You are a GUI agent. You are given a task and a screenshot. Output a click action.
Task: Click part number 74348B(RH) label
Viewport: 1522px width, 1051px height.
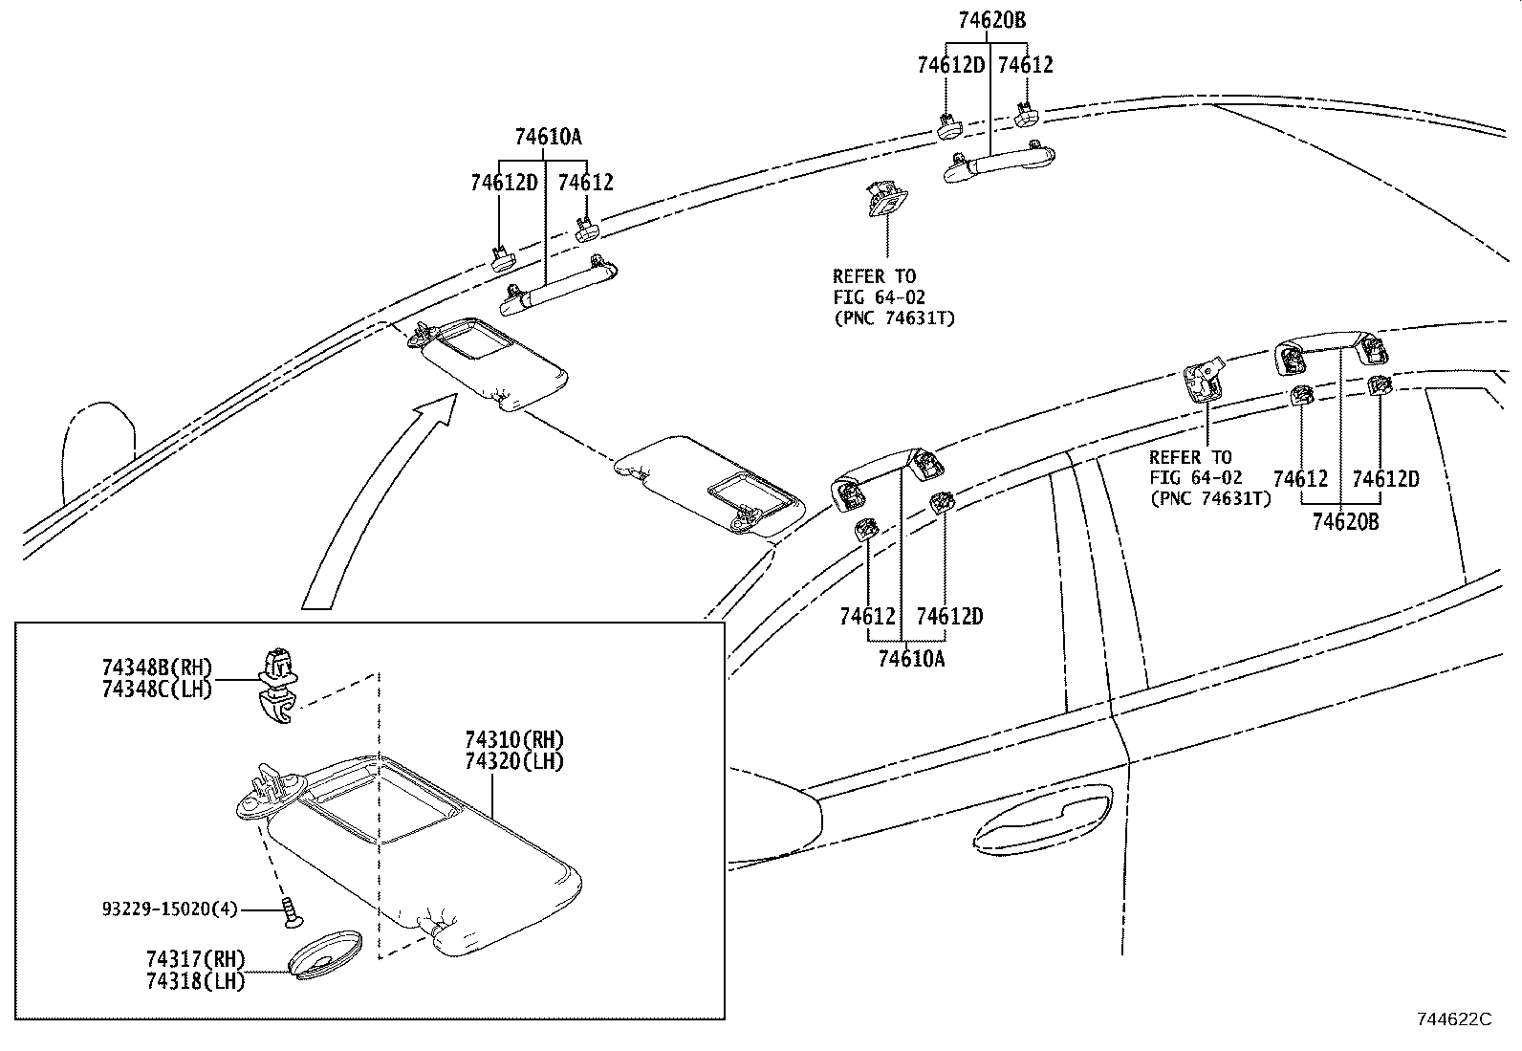click(x=158, y=668)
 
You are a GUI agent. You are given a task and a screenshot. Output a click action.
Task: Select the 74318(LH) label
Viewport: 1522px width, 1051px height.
click(x=196, y=980)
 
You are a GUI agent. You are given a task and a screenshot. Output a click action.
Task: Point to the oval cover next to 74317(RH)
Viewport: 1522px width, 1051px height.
click(x=325, y=952)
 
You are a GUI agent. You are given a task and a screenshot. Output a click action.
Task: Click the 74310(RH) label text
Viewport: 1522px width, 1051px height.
click(x=514, y=739)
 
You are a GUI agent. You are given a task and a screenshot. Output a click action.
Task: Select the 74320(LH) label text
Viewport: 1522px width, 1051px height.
click(x=514, y=761)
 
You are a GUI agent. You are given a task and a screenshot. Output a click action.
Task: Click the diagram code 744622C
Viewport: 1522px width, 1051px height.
click(x=1453, y=1019)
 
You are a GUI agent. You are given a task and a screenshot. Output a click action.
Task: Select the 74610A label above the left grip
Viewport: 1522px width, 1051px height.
click(x=548, y=138)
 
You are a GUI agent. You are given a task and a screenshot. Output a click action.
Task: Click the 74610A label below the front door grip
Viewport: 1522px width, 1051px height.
click(x=911, y=659)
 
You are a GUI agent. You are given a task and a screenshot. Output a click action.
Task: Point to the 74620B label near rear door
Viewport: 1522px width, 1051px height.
click(x=1345, y=522)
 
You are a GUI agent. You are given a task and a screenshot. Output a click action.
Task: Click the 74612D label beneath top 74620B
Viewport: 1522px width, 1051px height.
click(x=951, y=65)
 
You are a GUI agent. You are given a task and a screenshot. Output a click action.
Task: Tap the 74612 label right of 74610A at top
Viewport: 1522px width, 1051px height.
click(x=585, y=182)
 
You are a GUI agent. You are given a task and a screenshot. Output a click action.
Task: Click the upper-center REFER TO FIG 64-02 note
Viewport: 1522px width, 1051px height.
click(x=892, y=297)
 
